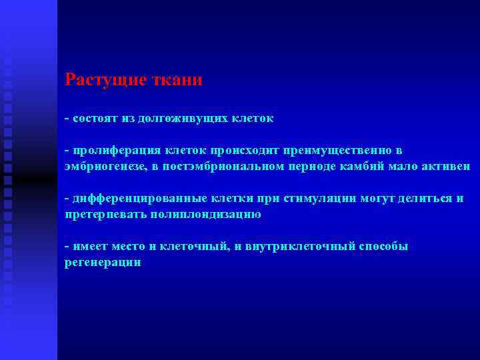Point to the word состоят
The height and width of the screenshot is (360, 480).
point(94,119)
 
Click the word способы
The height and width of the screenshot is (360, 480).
point(385,247)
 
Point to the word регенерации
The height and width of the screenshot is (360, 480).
point(103,263)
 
